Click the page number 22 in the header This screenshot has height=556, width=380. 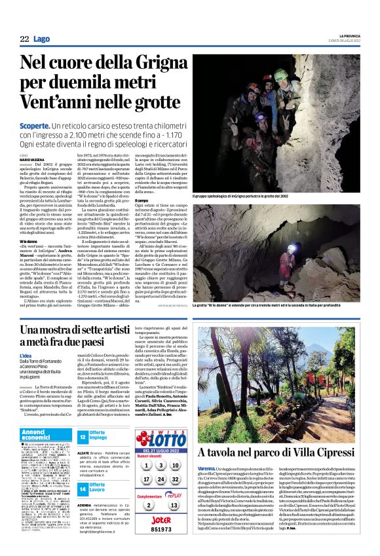pyautogui.click(x=24, y=39)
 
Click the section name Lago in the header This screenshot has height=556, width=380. pyautogui.click(x=42, y=39)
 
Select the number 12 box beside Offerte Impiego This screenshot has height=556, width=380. pyautogui.click(x=83, y=436)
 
